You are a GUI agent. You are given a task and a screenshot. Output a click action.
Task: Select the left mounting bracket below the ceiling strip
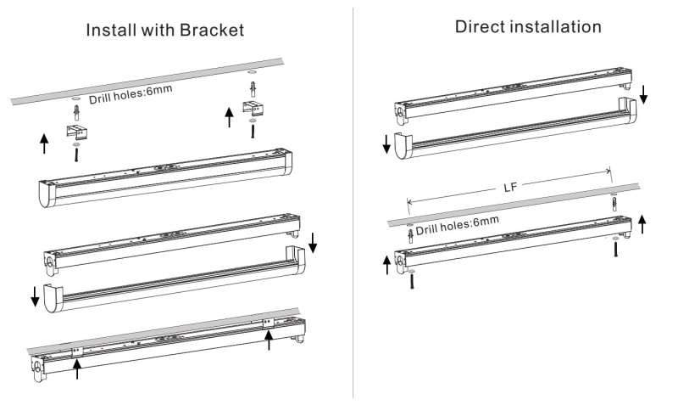[75, 129]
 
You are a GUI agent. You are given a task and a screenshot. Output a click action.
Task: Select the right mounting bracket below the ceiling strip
[254, 108]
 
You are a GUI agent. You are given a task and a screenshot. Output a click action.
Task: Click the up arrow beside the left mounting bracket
[44, 143]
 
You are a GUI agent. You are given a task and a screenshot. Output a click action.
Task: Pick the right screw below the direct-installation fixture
[616, 249]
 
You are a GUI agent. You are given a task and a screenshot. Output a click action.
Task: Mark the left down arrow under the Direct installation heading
[386, 143]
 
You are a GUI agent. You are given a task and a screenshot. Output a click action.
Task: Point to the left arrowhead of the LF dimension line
[410, 202]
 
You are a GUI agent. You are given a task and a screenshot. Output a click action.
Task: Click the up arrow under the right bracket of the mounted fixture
[269, 340]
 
